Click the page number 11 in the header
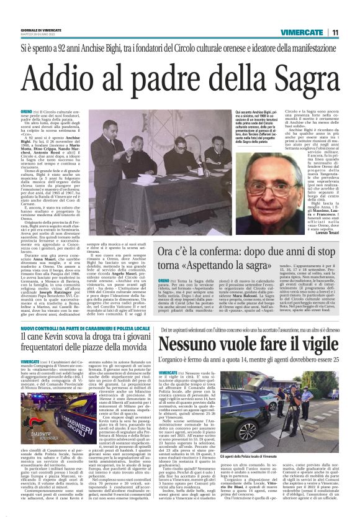tap(335, 32)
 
